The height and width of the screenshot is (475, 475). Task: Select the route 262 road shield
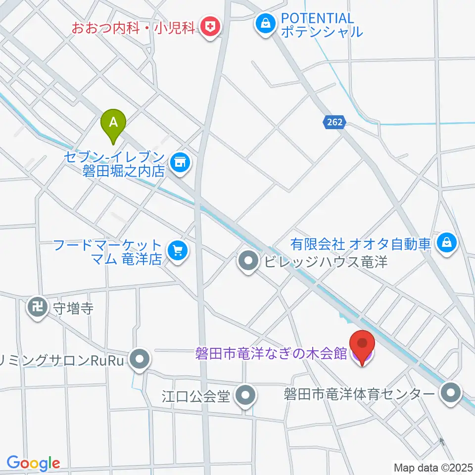point(334,123)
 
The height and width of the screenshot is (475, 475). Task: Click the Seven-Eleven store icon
point(180,162)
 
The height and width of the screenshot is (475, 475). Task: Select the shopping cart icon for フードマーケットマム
point(177,250)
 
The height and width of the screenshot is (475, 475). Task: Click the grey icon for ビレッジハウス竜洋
point(248,261)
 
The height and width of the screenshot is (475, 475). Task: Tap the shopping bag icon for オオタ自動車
point(447,242)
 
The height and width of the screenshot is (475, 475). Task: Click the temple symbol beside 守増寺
point(37,308)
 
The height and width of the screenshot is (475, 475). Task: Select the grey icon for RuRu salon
point(140,359)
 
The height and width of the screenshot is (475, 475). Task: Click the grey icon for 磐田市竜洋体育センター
point(451,394)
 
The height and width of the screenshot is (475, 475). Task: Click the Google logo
point(33,463)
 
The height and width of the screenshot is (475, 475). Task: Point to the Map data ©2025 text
point(433,467)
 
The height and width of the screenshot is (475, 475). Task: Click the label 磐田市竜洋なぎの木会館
point(272,354)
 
